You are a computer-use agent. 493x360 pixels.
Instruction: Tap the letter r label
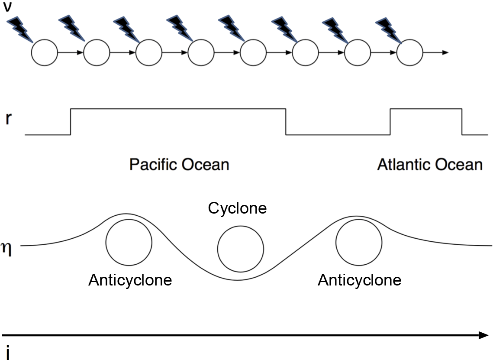[8, 119]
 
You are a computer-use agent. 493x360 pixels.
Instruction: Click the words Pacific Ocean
[179, 165]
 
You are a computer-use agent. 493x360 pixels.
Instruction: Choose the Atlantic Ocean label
[429, 165]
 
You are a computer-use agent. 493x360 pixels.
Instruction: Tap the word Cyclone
[237, 208]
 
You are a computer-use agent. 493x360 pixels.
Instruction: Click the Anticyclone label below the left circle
[130, 280]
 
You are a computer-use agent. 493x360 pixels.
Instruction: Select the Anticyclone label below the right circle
[359, 280]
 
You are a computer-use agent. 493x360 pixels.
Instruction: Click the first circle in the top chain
[44, 53]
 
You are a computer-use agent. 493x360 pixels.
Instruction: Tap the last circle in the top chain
[409, 53]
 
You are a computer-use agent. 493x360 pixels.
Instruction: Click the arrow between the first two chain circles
[70, 53]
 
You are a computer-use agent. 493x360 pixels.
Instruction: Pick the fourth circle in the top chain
[201, 53]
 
